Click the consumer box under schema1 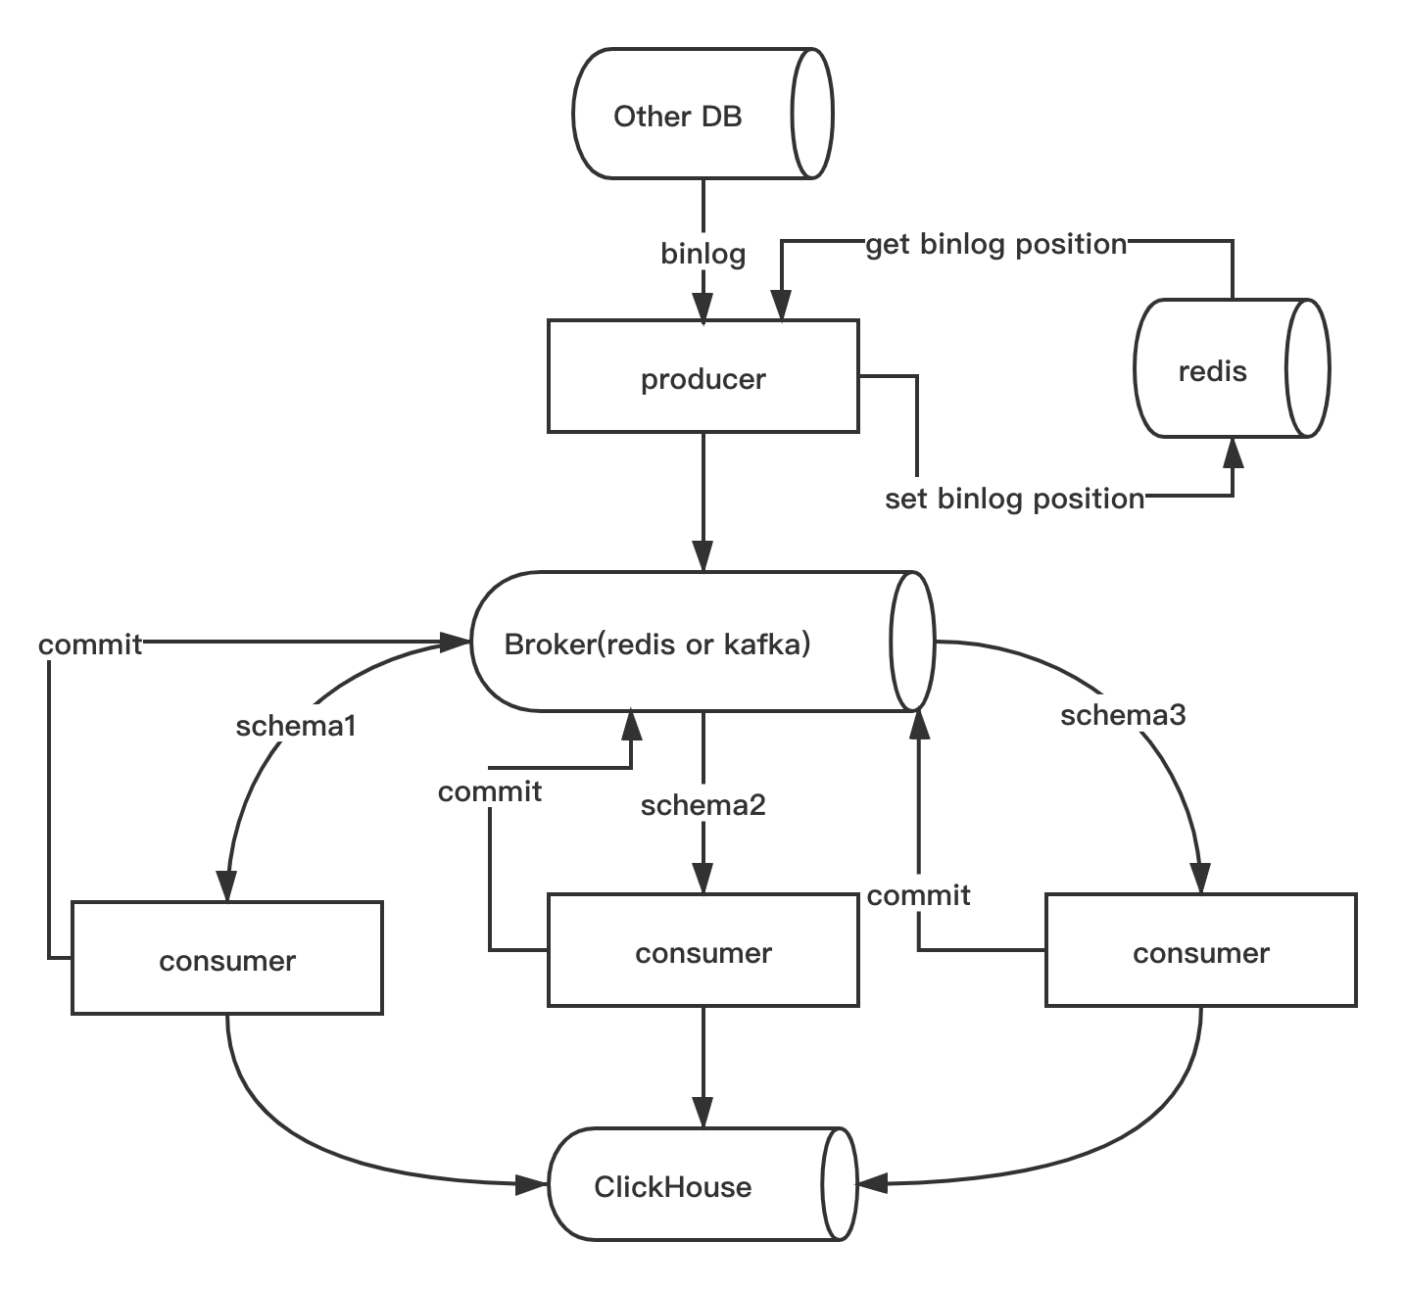[x=226, y=958]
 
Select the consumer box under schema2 [x=702, y=950]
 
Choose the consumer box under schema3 [x=1200, y=950]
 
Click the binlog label [x=702, y=254]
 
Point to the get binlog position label [x=995, y=243]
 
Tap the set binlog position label [x=1014, y=499]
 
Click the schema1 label [x=295, y=725]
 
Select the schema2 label [x=702, y=805]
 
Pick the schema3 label [x=1123, y=715]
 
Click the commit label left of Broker [x=90, y=644]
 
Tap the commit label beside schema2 [x=489, y=790]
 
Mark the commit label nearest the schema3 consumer [x=918, y=894]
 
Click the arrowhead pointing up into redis [x=1233, y=453]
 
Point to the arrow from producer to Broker [x=702, y=500]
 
